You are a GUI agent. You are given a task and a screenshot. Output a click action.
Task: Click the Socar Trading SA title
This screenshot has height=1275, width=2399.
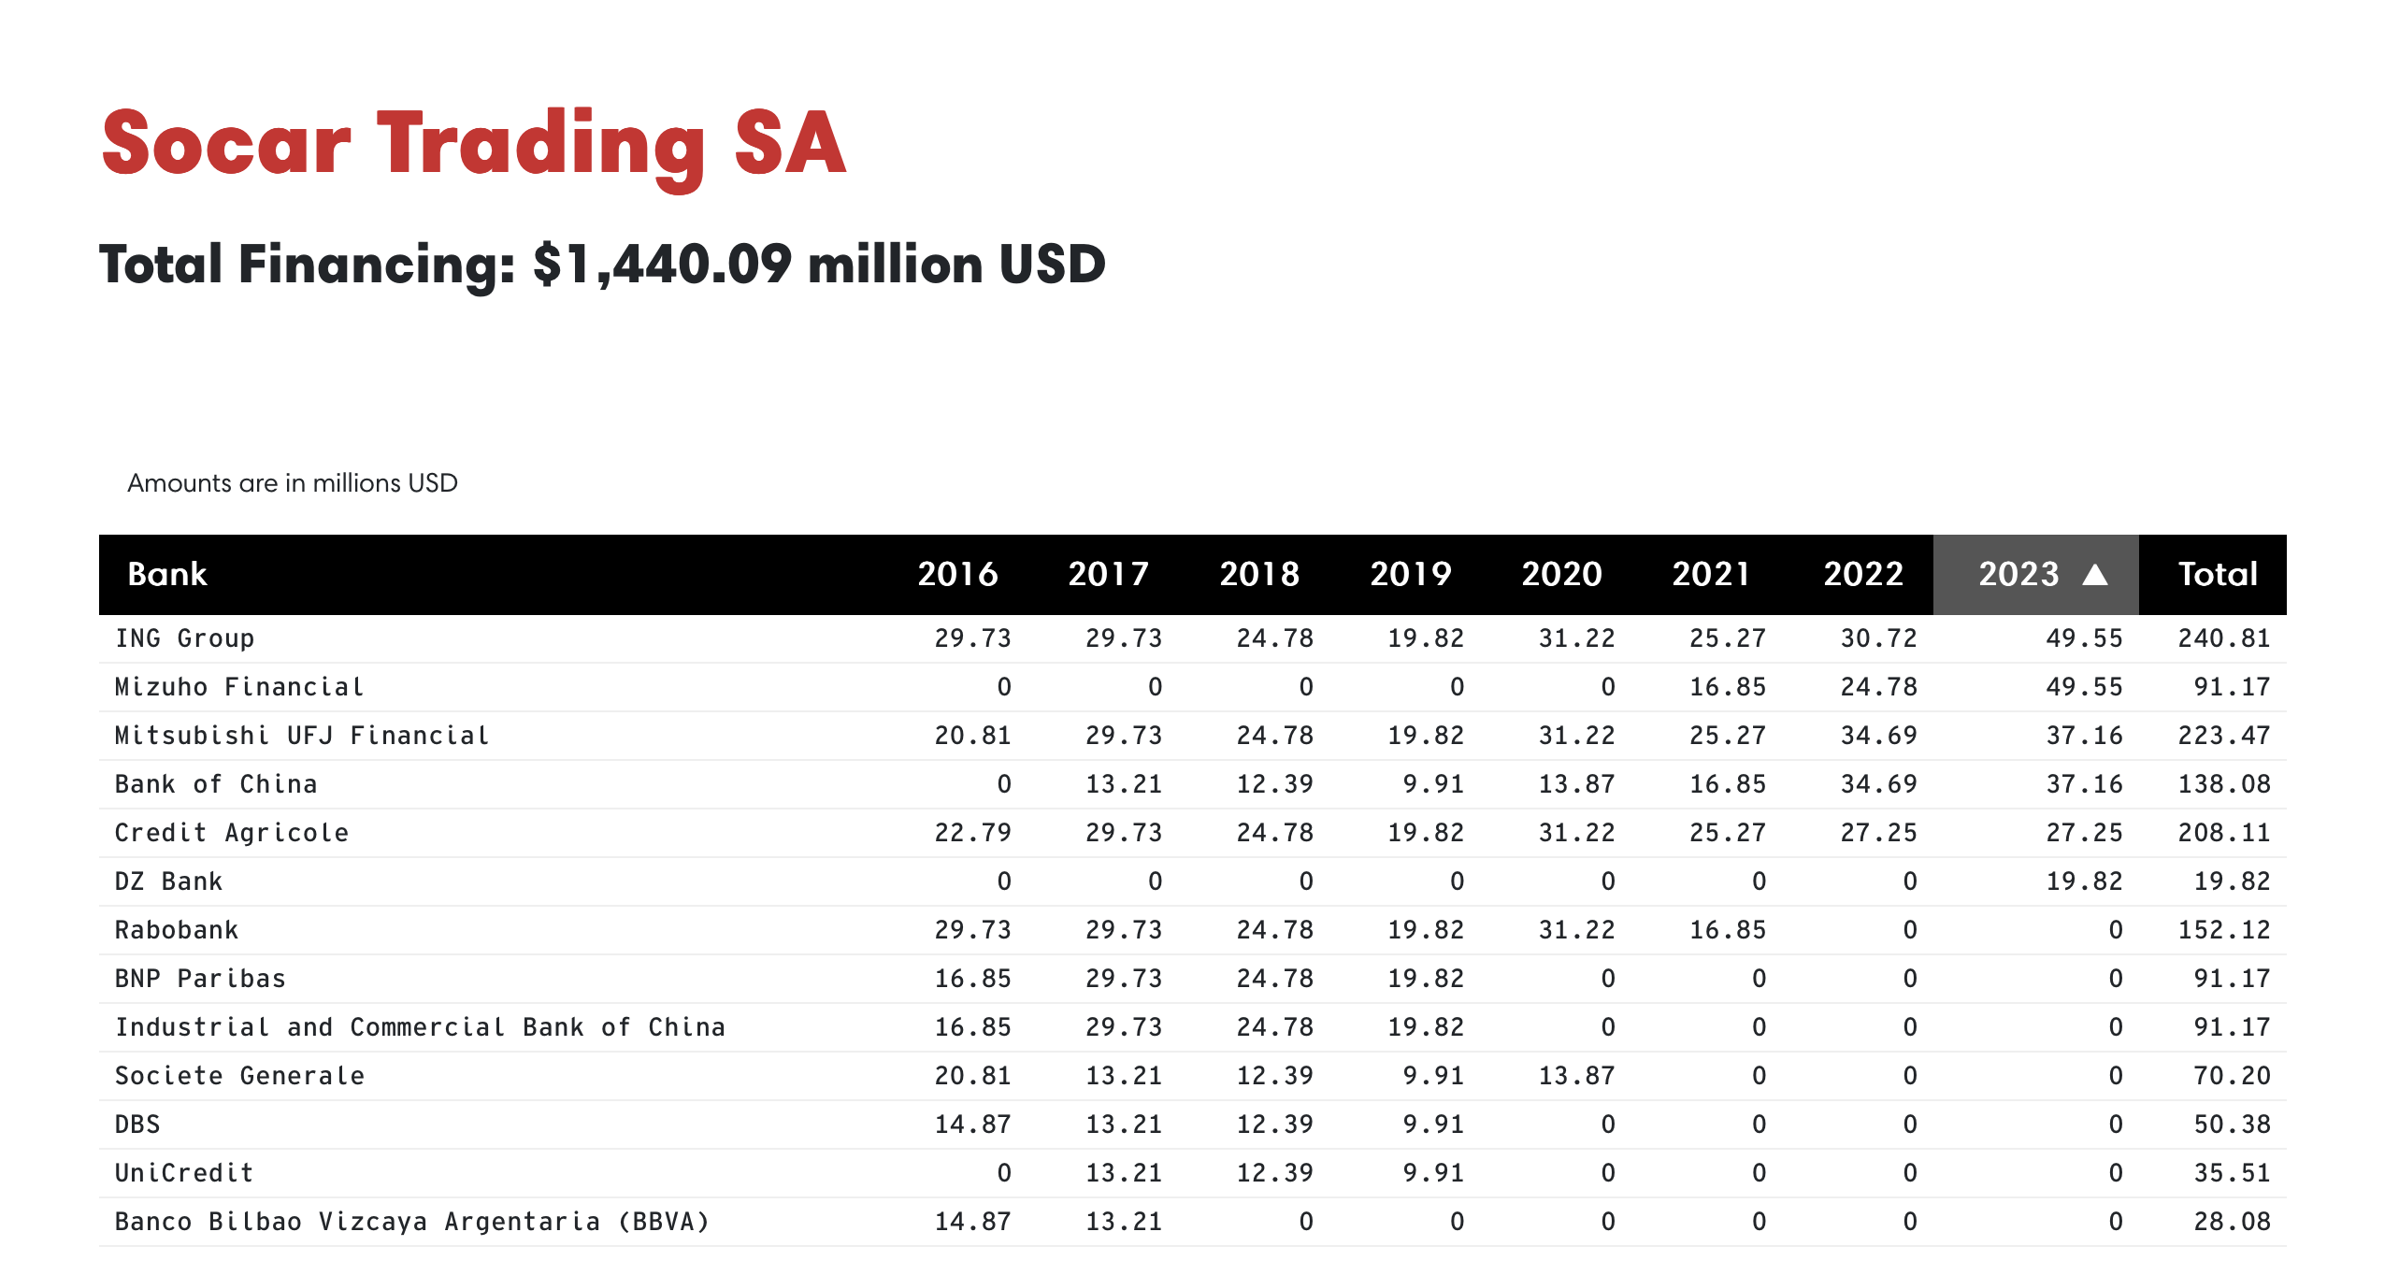(x=473, y=145)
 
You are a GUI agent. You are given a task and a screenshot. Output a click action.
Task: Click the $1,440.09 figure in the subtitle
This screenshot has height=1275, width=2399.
(x=662, y=265)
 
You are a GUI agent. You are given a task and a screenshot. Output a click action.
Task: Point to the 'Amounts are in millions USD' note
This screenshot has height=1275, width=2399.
(x=292, y=483)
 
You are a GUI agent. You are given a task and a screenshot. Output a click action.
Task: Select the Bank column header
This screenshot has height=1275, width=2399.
(x=166, y=574)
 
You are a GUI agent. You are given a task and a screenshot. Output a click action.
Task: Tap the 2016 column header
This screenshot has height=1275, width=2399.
(x=957, y=574)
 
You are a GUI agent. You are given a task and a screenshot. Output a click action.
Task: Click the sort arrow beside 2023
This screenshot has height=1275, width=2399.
(x=2095, y=574)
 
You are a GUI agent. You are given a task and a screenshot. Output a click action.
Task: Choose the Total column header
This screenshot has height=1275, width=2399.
(x=2218, y=574)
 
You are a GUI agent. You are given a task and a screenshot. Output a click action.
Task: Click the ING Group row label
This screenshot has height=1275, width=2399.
(x=184, y=638)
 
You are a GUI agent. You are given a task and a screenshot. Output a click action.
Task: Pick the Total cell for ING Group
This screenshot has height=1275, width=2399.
(x=2224, y=638)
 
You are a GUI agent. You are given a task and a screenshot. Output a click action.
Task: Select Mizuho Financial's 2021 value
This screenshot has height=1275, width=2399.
(x=1728, y=687)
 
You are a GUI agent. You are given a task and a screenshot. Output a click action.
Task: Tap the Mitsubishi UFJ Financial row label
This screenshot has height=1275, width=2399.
(x=302, y=736)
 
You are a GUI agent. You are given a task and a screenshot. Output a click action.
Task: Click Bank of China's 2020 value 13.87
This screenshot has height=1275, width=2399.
(x=1576, y=784)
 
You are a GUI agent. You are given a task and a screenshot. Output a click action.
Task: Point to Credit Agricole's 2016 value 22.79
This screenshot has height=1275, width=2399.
(x=972, y=833)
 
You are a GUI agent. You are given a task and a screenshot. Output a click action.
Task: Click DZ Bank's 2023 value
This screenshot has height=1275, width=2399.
(x=2084, y=881)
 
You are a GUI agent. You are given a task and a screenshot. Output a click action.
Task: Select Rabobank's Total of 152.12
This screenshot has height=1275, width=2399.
(x=2224, y=930)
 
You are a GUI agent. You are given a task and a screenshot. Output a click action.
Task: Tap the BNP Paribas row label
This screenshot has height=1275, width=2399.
(x=200, y=979)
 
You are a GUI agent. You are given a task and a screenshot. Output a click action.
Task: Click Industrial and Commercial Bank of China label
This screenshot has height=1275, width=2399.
(x=420, y=1027)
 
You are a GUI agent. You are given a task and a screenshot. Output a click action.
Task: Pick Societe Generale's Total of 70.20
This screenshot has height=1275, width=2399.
(x=2232, y=1076)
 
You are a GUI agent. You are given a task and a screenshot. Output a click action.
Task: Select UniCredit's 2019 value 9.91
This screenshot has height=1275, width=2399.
(x=1433, y=1173)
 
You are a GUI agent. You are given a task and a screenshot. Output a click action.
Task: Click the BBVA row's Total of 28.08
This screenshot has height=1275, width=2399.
(x=2232, y=1222)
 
